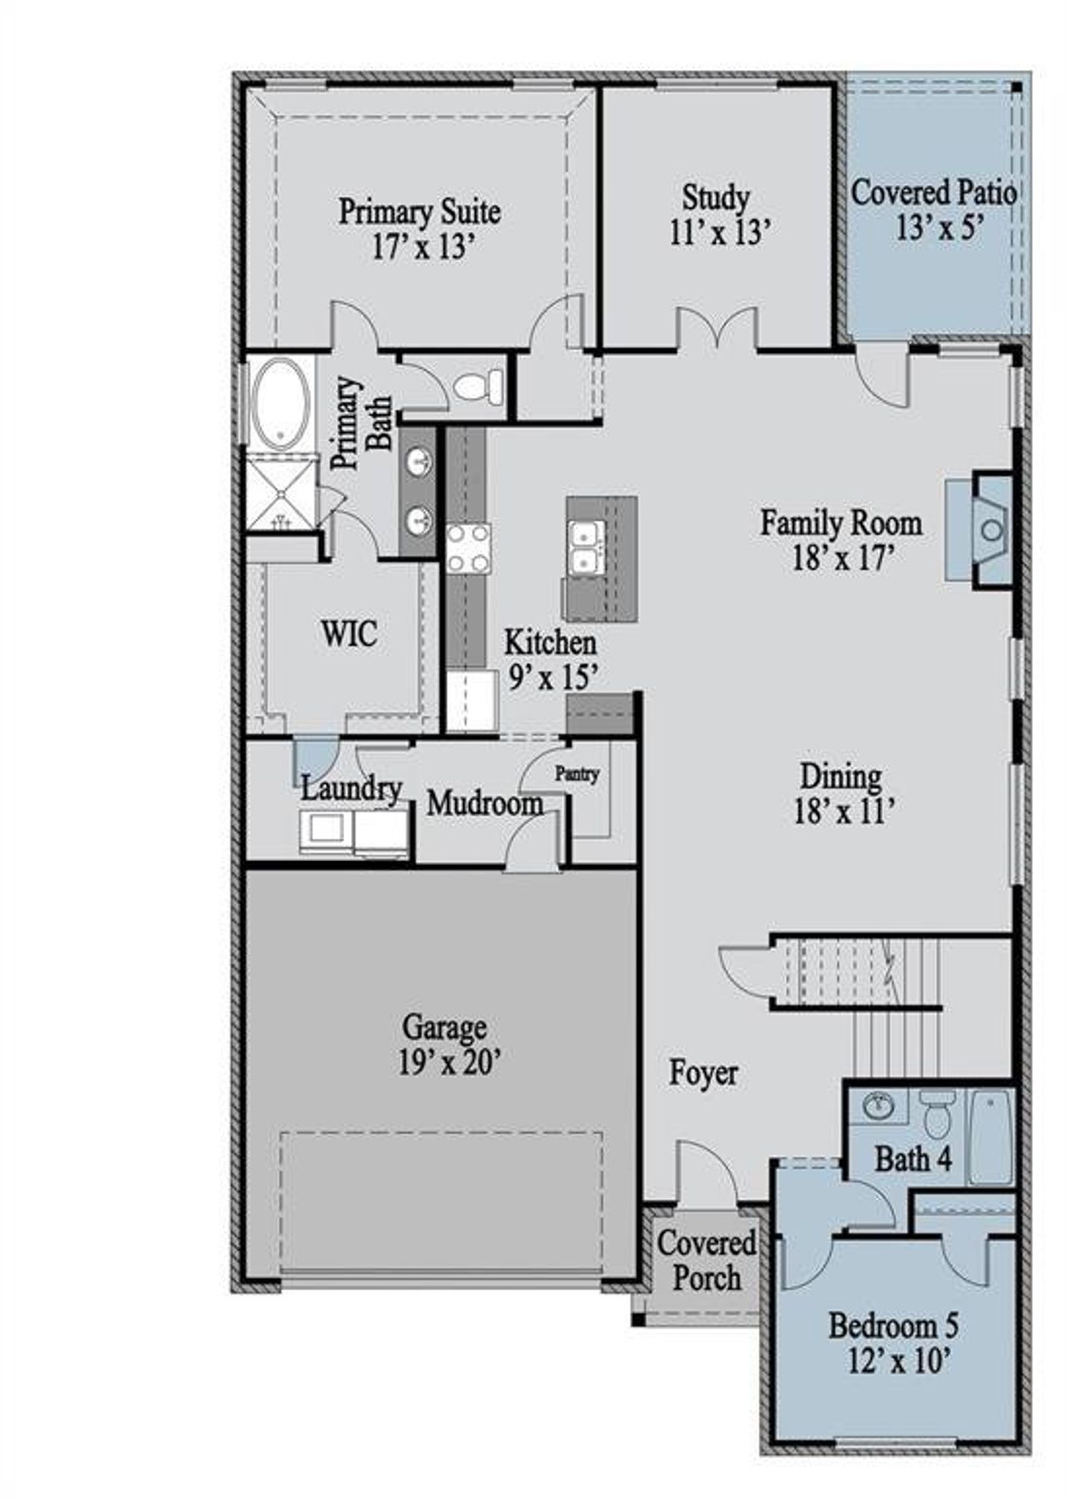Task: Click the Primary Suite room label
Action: pyautogui.click(x=419, y=211)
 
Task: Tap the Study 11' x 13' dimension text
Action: pyautogui.click(x=717, y=233)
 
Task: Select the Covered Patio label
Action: pyautogui.click(x=934, y=193)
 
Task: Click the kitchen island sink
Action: pyautogui.click(x=587, y=547)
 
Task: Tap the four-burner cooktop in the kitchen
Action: pyautogui.click(x=468, y=549)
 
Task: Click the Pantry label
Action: pyautogui.click(x=577, y=774)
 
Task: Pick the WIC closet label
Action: pyautogui.click(x=349, y=634)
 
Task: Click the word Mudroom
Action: pyautogui.click(x=484, y=804)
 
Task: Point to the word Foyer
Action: pyautogui.click(x=703, y=1073)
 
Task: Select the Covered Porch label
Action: pyautogui.click(x=706, y=1260)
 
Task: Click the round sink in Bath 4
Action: pyautogui.click(x=878, y=1106)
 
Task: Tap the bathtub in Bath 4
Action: pyautogui.click(x=992, y=1135)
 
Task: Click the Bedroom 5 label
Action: pyautogui.click(x=893, y=1325)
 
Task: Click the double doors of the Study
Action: pyautogui.click(x=716, y=328)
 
